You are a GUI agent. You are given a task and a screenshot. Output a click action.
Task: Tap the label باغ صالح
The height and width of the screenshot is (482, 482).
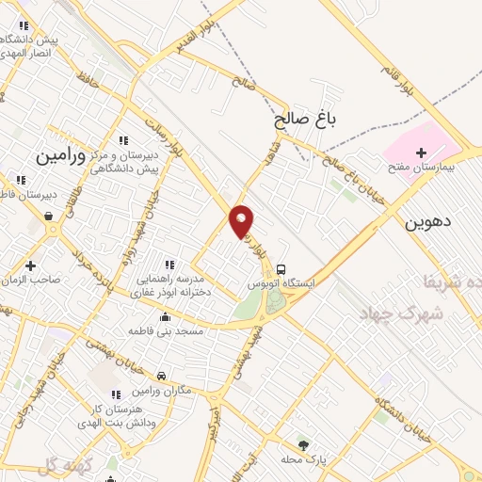(x=305, y=120)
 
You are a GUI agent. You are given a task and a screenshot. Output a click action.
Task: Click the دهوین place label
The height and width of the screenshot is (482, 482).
(x=429, y=223)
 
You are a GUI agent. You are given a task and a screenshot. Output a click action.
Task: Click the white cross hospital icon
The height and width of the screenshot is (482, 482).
(x=420, y=153)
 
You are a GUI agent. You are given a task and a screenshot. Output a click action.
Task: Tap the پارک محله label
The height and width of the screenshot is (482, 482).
(x=302, y=458)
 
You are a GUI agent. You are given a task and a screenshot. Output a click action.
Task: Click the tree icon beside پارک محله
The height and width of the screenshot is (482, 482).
(x=303, y=444)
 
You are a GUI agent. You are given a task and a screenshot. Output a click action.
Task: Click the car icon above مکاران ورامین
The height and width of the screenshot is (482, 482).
(x=162, y=377)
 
